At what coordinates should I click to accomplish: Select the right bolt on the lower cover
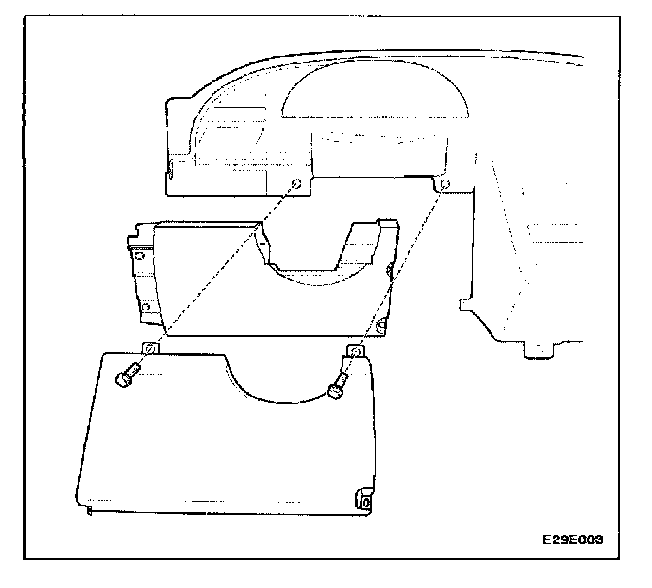pyautogui.click(x=337, y=390)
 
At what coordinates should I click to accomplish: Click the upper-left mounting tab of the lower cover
pyautogui.click(x=151, y=348)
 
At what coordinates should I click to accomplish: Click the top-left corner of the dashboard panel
pyautogui.click(x=171, y=99)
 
